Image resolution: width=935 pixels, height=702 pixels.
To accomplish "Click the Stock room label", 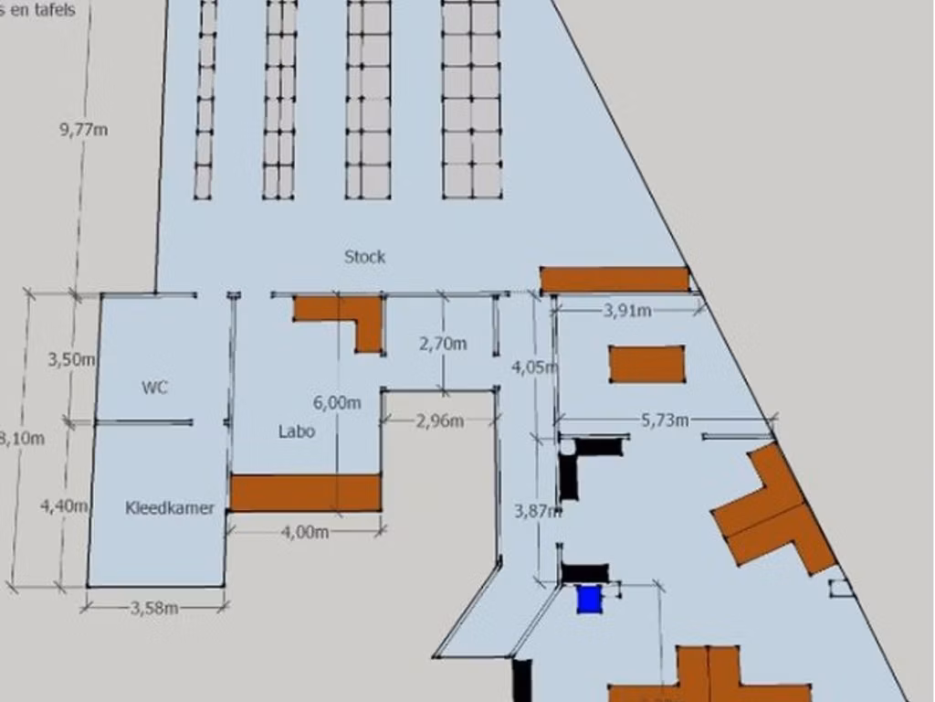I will pos(364,257).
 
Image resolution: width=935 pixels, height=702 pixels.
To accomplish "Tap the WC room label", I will pos(154,388).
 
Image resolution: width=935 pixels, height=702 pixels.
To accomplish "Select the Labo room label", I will pos(297,431).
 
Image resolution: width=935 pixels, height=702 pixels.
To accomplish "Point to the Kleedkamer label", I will pos(170,508).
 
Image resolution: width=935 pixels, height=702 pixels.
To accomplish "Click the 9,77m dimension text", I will pos(84,130).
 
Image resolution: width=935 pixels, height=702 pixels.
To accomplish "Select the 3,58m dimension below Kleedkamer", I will pos(154,608).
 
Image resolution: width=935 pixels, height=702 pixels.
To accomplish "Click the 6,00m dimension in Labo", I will pos(336,402).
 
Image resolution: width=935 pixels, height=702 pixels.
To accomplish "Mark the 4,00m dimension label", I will pos(305,532).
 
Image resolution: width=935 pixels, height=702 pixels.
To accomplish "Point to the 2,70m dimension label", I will pos(443,344).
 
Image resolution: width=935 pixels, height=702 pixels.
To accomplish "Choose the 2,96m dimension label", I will pos(440,421).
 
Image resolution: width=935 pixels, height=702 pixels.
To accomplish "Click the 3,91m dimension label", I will pos(627,311).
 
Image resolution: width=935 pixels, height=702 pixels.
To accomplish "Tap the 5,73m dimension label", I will pos(665,420).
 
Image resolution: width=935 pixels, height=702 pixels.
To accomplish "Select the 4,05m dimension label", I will pos(533,367).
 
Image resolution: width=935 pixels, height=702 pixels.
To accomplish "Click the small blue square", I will pos(590,600).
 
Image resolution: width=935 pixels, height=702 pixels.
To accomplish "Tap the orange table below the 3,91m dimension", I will pos(646,364).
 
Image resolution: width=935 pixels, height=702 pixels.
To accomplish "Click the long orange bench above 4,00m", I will pos(304,493).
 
